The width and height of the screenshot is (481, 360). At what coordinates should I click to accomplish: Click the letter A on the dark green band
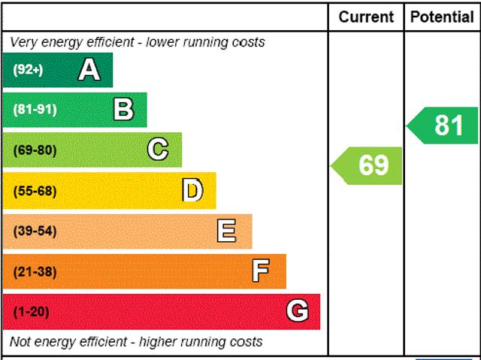coord(89,70)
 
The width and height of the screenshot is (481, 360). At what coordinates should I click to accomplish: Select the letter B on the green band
coord(123,110)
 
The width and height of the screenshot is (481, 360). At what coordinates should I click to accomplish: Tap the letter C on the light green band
coord(158,150)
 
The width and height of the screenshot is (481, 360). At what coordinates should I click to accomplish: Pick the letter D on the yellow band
coord(192,190)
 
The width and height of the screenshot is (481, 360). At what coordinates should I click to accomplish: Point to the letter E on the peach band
coord(226,231)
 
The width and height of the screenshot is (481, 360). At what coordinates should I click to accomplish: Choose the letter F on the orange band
coord(261,271)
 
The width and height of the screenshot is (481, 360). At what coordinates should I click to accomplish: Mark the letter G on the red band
coord(298,311)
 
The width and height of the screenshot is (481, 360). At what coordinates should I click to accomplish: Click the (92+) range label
coord(29,71)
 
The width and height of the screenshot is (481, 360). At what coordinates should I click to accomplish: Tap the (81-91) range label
coord(35,110)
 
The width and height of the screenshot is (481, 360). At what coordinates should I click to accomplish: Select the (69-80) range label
coord(35,150)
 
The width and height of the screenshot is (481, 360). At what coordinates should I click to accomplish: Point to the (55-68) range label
coord(35,191)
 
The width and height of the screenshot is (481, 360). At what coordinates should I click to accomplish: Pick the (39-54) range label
coord(35,231)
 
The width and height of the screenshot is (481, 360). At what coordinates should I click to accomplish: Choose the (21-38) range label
coord(35,271)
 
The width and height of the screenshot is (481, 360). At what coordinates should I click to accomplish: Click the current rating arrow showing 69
coord(368,165)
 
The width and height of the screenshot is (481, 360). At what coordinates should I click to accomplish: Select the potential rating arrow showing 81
coord(444,126)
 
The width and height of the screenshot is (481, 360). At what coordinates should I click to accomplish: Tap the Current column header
coord(366,17)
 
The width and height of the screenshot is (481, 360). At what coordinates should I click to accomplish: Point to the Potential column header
coord(442,17)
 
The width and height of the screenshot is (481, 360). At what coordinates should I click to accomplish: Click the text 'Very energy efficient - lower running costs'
coord(138,42)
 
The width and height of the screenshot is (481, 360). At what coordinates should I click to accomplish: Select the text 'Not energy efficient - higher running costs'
coord(136,342)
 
